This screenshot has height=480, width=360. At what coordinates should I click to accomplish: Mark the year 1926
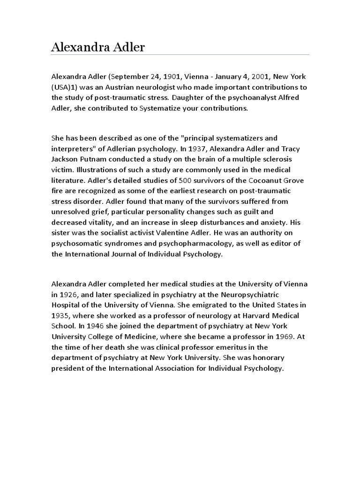(68, 295)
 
